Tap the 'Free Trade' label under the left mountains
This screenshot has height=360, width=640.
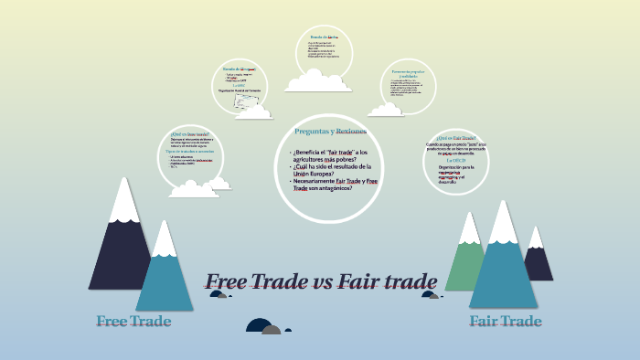133,322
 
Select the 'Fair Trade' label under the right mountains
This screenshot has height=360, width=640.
505,322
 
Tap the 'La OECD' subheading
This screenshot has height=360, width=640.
457,160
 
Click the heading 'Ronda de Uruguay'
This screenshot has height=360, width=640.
239,69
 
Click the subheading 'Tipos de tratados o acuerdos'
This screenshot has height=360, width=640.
193,151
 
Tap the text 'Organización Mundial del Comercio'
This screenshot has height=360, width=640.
240,92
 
